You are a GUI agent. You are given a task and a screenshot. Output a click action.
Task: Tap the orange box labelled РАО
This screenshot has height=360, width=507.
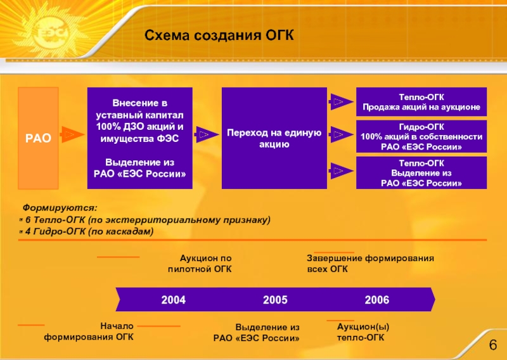pyautogui.click(x=38, y=138)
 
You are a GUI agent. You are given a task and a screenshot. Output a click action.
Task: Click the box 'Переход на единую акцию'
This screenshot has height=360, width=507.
pyautogui.click(x=274, y=138)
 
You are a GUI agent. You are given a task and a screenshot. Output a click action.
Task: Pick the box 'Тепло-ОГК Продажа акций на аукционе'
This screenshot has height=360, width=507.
pyautogui.click(x=421, y=101)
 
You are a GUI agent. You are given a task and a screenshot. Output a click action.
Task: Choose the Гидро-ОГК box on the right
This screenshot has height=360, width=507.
pyautogui.click(x=421, y=136)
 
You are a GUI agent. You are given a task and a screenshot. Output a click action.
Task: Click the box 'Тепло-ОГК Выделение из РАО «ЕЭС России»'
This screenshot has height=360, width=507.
pyautogui.click(x=421, y=172)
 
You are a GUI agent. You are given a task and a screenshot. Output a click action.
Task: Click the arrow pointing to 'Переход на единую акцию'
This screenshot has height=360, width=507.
pyautogui.click(x=204, y=134)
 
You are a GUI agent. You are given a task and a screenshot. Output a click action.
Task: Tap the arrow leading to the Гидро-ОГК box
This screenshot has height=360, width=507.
pyautogui.click(x=338, y=135)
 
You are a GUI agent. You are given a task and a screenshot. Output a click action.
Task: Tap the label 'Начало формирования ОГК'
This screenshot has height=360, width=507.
pyautogui.click(x=89, y=331)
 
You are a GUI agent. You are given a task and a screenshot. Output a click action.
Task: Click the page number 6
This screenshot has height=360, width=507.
pyautogui.click(x=492, y=345)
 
